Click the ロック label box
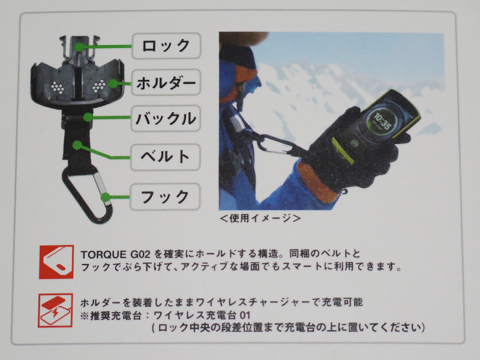pyautogui.click(x=166, y=46)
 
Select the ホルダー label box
pyautogui.click(x=166, y=82)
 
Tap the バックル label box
pyautogui.click(x=166, y=118)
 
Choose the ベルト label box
pyautogui.click(x=166, y=157)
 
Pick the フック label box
pyautogui.click(x=166, y=197)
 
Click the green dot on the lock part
pyautogui.click(x=79, y=47)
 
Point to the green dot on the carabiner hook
pyautogui.click(x=105, y=197)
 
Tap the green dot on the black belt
pyautogui.click(x=77, y=145)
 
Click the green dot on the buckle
pyautogui.click(x=88, y=117)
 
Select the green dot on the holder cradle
pyautogui.click(x=113, y=83)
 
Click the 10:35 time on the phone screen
pyautogui.click(x=382, y=121)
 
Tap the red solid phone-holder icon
pyautogui.click(x=56, y=262)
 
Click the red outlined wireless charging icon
pyautogui.click(x=55, y=310)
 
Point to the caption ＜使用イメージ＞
pyautogui.click(x=260, y=218)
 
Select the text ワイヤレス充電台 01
pyautogui.click(x=202, y=315)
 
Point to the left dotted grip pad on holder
pyautogui.click(x=58, y=87)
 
